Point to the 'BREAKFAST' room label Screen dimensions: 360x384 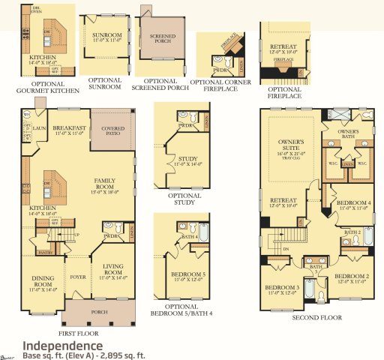[x=70, y=130]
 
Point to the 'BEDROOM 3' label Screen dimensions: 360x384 [x=281, y=288]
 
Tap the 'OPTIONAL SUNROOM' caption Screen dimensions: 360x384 [x=105, y=83]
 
